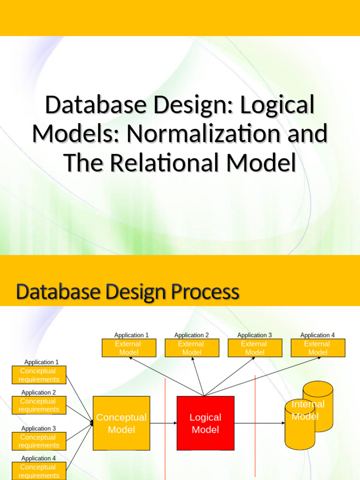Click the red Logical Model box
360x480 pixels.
(x=205, y=423)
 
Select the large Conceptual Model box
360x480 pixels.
(x=121, y=423)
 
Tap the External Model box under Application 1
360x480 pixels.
(x=129, y=348)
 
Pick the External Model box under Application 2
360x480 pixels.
(x=192, y=348)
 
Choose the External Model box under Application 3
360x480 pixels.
(x=255, y=348)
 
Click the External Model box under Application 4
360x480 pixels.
(x=318, y=348)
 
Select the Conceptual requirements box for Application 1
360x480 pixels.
(x=39, y=375)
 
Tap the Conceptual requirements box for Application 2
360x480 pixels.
(x=39, y=405)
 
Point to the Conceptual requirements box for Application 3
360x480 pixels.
(x=39, y=441)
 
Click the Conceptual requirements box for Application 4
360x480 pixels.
(x=39, y=471)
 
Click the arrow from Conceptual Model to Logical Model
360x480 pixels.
(x=163, y=423)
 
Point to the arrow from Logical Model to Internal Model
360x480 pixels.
(x=259, y=423)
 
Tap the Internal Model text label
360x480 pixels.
(x=307, y=410)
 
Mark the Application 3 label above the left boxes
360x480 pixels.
(x=38, y=428)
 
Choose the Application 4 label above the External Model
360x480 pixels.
(x=317, y=335)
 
